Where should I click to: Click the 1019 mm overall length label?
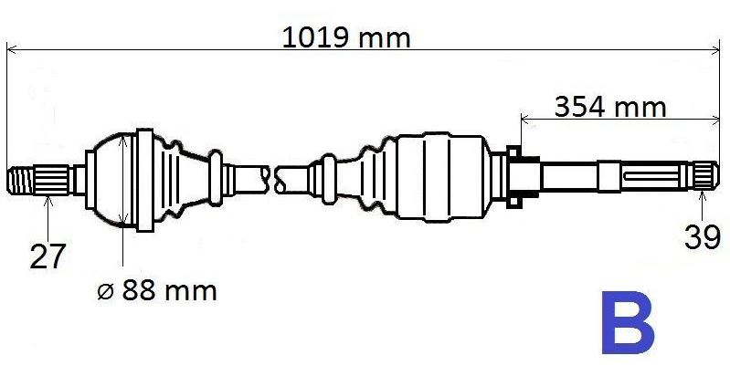pos(346,37)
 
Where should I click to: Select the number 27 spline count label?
pos(47,256)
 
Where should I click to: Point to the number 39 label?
pos(703,236)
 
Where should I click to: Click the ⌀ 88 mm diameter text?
pos(156,292)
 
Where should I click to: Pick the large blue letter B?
pos(628,323)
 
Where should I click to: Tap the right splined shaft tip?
pos(704,173)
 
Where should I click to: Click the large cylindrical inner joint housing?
pos(450,178)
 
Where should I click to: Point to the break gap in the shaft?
pos(270,176)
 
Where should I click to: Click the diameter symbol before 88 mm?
pos(104,292)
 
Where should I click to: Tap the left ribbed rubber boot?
pos(183,176)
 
